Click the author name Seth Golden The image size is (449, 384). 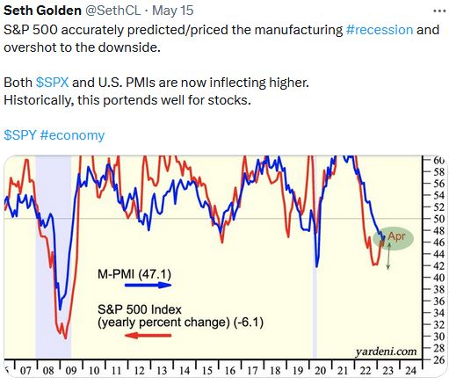pos(40,10)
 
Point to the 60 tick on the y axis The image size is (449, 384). pos(438,159)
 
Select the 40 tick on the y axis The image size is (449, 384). pos(438,277)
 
